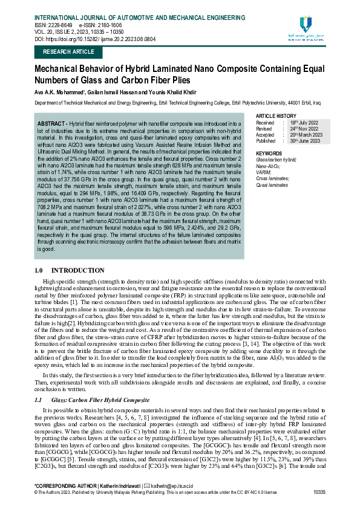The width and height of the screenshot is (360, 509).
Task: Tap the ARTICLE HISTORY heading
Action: [x=277, y=115]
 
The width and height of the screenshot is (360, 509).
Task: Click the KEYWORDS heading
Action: [x=269, y=154]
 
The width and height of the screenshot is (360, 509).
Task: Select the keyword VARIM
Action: [x=264, y=172]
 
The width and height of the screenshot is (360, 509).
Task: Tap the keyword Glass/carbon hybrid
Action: [x=277, y=160]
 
